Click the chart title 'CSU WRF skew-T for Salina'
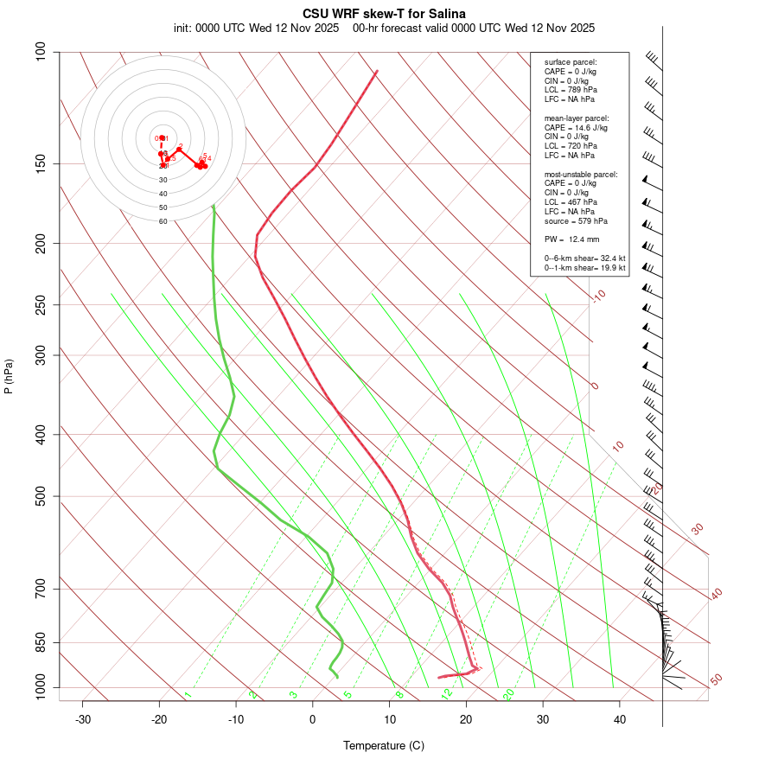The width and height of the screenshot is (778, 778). (x=384, y=14)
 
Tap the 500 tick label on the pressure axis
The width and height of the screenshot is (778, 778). (x=41, y=496)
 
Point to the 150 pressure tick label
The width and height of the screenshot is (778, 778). (x=41, y=163)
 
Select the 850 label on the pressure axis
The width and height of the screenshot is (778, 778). (x=41, y=642)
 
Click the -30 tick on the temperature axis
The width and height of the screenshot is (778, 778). (x=83, y=719)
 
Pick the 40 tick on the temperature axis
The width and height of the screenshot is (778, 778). (x=620, y=719)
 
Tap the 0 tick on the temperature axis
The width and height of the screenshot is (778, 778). (x=313, y=719)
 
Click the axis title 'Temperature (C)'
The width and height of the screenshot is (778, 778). (x=384, y=745)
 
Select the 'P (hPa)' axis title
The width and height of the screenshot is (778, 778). (x=9, y=376)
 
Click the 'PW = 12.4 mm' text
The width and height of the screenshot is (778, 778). (x=571, y=239)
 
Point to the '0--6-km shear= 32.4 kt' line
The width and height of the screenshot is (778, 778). (x=584, y=258)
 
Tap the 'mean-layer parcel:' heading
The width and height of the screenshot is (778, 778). (x=577, y=118)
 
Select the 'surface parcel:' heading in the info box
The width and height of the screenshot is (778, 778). (x=571, y=62)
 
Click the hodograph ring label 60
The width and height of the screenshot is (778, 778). (x=163, y=221)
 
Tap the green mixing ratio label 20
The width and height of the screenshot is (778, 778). (x=509, y=694)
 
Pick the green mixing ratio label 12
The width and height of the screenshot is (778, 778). (x=447, y=694)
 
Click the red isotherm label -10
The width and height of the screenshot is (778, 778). (x=598, y=296)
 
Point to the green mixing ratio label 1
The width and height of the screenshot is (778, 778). (x=188, y=694)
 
